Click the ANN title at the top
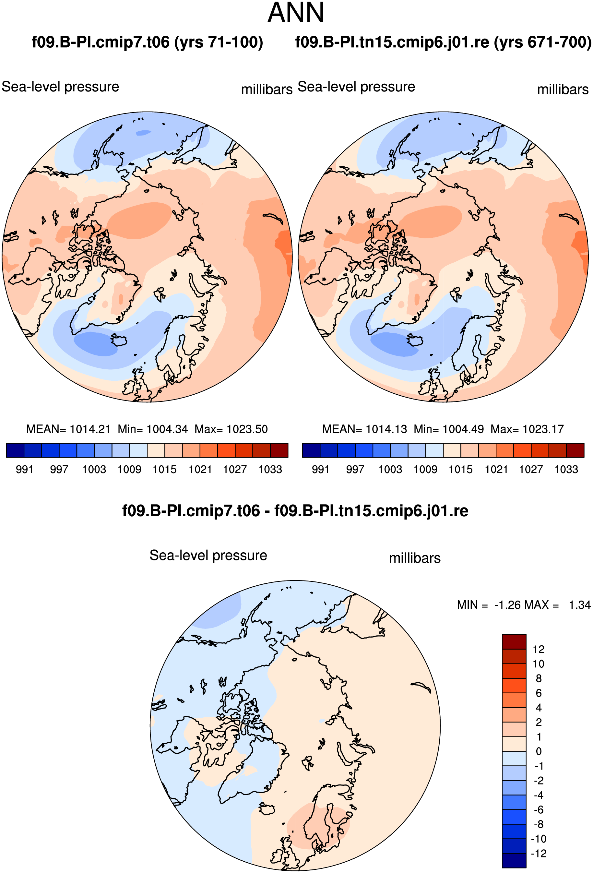pos(296,13)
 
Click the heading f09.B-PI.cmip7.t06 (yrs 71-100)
pos(147,42)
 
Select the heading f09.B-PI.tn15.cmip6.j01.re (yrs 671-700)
pos(444,42)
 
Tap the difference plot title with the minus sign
pos(295,511)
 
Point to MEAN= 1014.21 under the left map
pos(68,429)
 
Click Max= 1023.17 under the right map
pos(527,429)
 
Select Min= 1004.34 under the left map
pos(152,429)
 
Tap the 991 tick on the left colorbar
pos(24,470)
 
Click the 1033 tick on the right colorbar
pos(566,470)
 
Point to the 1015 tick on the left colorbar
pos(164,470)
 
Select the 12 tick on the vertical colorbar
pos(539,650)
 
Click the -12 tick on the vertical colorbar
pos(539,854)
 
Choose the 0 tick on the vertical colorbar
pos(539,751)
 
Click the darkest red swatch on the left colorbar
pos(279,450)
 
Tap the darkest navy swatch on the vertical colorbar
pos(514,861)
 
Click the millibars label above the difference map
pos(415,558)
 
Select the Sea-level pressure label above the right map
pos(356,87)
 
